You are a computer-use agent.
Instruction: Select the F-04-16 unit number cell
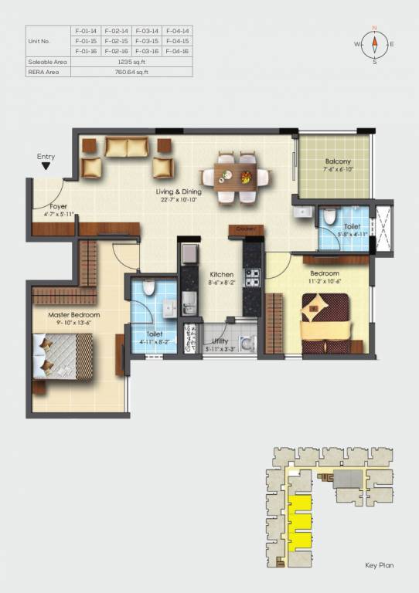(x=177, y=50)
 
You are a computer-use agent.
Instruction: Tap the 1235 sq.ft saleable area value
(x=131, y=61)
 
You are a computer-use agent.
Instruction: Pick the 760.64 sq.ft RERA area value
(x=131, y=72)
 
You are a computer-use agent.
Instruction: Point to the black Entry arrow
(x=46, y=165)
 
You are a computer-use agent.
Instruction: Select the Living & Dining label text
(x=179, y=191)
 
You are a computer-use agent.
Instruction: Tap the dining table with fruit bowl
(x=237, y=178)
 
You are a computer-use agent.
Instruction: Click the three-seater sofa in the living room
(x=127, y=146)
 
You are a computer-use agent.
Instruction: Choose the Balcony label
(x=339, y=162)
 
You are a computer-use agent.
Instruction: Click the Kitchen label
(x=222, y=274)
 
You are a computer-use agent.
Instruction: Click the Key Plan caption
(x=379, y=565)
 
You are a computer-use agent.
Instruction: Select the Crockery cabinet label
(x=246, y=229)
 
